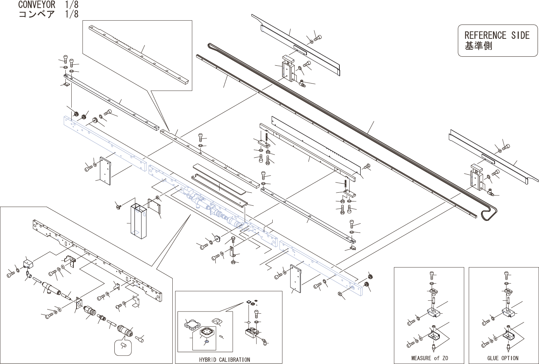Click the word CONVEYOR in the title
[37, 5]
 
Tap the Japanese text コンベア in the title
[37, 14]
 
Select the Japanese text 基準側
[478, 46]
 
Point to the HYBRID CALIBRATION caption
[224, 359]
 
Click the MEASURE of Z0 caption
[429, 358]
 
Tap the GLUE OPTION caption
[503, 358]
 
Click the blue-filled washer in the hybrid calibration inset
[207, 342]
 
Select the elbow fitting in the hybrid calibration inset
[265, 341]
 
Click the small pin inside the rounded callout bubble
[123, 346]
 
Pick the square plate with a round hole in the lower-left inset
[78, 304]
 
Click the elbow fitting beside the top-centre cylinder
[301, 83]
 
